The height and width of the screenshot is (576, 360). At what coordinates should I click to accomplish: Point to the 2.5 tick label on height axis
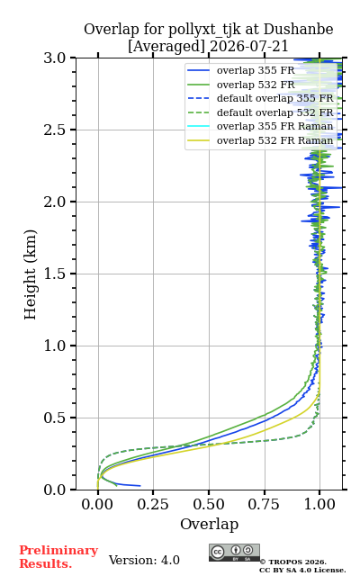pos(55,130)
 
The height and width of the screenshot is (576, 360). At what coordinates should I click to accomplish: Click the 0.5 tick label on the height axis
pos(55,418)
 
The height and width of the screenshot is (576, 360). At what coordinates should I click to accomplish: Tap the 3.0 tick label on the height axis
pos(55,58)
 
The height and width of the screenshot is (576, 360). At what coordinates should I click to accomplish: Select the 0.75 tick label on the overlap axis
pos(264,504)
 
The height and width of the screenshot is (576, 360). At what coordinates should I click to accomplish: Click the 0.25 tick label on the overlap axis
pos(153,504)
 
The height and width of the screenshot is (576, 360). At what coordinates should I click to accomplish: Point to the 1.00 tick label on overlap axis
pos(319,504)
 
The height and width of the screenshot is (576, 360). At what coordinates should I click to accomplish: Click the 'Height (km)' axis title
pos(30,274)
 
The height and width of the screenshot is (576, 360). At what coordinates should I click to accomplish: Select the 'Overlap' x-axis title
pos(210,524)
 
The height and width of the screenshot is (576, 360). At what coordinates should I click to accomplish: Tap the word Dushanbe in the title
pos(298,30)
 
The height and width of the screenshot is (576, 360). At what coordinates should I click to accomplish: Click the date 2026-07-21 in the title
pos(249,47)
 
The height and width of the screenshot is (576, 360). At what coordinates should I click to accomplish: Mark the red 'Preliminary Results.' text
pos(58,557)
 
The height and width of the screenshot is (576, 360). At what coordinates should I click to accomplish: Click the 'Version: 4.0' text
pos(144,560)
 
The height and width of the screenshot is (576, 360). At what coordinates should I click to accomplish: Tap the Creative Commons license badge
pos(234,553)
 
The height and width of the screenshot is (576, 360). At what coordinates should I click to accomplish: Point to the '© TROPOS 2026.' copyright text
pos(293,562)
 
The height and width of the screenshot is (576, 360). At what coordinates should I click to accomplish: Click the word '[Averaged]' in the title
pos(166,47)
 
